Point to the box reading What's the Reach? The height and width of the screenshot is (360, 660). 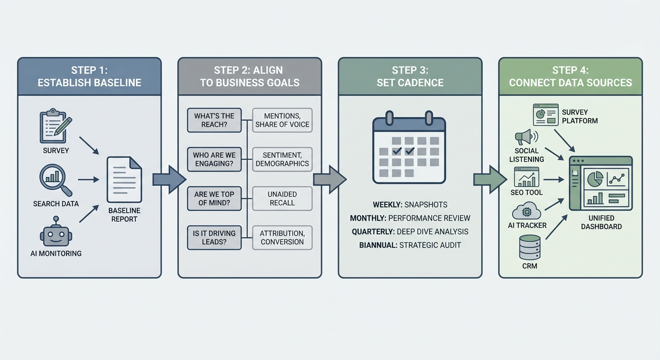pyautogui.click(x=214, y=120)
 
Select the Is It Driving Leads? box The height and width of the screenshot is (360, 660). pyautogui.click(x=214, y=237)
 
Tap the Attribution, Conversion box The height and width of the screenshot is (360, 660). pyautogui.click(x=282, y=237)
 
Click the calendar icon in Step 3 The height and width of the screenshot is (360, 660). pyautogui.click(x=409, y=148)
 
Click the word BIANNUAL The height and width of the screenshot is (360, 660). pyautogui.click(x=378, y=245)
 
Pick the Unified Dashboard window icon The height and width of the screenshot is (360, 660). pyautogui.click(x=600, y=183)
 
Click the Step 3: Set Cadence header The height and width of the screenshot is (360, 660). pyautogui.click(x=410, y=76)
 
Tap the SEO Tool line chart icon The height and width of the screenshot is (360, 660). pyautogui.click(x=526, y=177)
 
